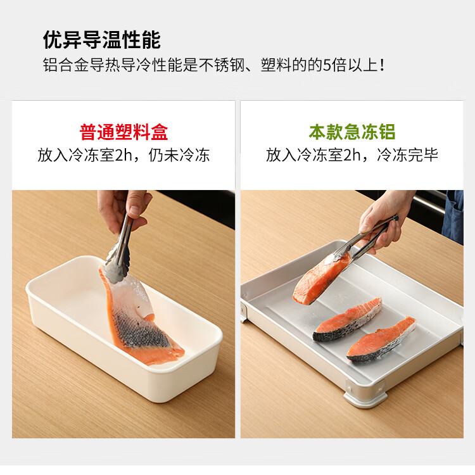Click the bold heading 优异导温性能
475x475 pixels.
tap(101, 40)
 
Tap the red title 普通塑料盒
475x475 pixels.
tap(123, 132)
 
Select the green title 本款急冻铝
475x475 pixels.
tap(352, 132)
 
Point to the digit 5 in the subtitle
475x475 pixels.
tap(327, 65)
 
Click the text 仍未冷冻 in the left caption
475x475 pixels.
tap(179, 155)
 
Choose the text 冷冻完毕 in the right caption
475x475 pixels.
tap(407, 155)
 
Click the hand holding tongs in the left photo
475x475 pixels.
tap(124, 209)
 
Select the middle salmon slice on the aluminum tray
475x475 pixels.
tap(347, 320)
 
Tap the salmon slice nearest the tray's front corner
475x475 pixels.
tap(381, 340)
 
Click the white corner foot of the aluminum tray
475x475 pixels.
tap(365, 398)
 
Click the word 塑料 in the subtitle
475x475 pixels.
tap(276, 65)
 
